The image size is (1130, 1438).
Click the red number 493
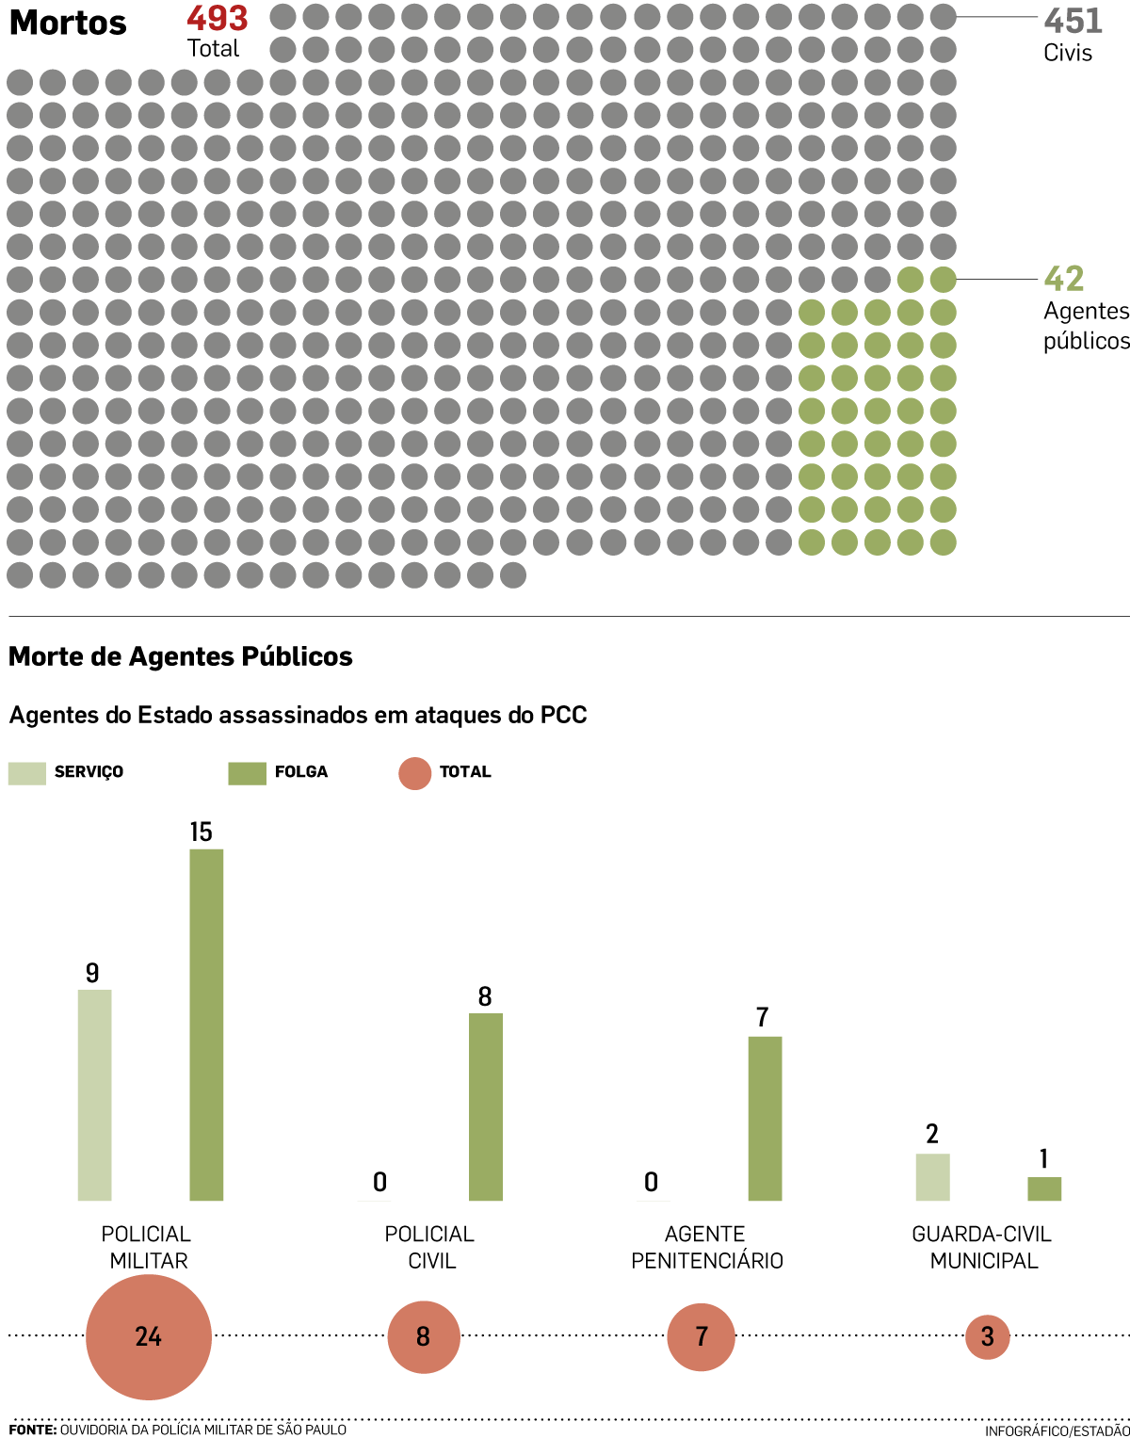tap(217, 19)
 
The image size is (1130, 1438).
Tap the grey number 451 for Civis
tap(1073, 21)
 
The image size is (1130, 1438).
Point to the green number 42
tap(1064, 279)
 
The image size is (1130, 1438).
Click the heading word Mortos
tap(68, 23)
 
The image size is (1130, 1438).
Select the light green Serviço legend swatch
tap(26, 773)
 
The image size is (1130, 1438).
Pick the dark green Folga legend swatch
tap(247, 773)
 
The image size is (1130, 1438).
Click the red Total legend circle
tap(414, 773)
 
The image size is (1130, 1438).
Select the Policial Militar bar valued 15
tap(206, 1025)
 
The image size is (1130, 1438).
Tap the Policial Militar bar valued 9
tap(94, 1094)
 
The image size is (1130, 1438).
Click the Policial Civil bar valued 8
tap(485, 1107)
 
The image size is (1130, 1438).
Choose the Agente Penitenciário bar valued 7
tap(765, 1118)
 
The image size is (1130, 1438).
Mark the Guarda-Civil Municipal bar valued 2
tap(932, 1177)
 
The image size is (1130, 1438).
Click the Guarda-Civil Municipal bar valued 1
tap(1043, 1188)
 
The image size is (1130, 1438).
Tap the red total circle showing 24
tap(149, 1336)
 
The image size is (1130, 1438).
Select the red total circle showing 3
tap(987, 1336)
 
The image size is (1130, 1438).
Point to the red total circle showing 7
tap(701, 1336)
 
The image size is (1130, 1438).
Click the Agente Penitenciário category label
tap(706, 1247)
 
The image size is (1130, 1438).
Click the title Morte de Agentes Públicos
tap(180, 656)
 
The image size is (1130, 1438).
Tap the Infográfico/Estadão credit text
tap(1057, 1430)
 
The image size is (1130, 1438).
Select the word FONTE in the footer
tap(32, 1430)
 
